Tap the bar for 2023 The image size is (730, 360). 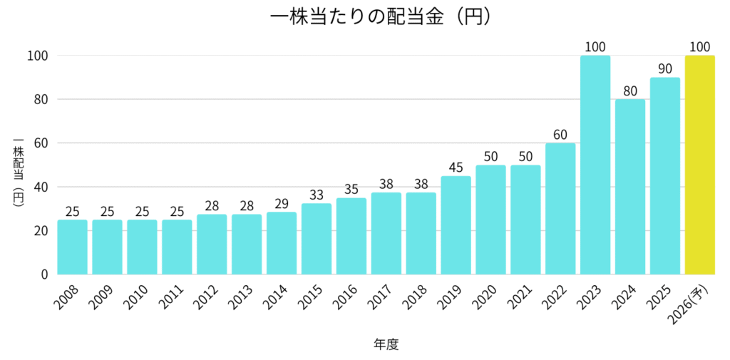click(595, 165)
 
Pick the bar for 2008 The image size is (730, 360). click(72, 247)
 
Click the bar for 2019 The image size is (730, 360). click(456, 225)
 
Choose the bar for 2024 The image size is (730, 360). click(630, 187)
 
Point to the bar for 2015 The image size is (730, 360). click(316, 239)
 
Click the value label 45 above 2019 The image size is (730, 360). click(456, 168)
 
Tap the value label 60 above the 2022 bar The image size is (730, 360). click(560, 135)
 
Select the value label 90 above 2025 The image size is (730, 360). click(665, 69)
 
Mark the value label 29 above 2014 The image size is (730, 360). click(281, 203)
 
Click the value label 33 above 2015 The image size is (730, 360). click(316, 195)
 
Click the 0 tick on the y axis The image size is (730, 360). click(43, 274)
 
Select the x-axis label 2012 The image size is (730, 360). click(207, 300)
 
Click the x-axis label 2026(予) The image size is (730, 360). click(692, 305)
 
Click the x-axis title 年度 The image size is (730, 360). click(386, 344)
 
